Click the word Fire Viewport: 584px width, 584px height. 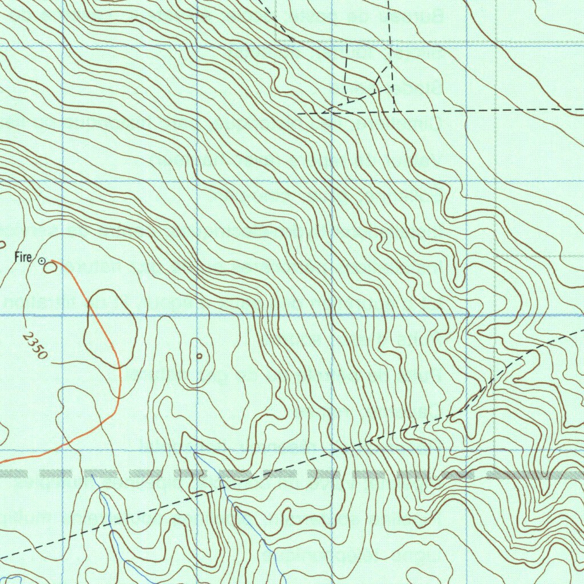(23, 258)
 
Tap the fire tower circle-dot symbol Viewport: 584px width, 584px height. (42, 261)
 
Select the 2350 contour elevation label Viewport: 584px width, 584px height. (35, 346)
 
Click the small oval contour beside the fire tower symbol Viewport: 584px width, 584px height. (50, 266)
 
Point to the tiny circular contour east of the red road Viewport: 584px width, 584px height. (199, 356)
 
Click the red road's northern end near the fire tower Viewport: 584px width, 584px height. (52, 261)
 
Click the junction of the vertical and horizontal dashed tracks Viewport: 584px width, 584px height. (395, 111)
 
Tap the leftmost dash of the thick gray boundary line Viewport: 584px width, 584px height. (11, 473)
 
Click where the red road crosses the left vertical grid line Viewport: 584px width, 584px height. (62, 446)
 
